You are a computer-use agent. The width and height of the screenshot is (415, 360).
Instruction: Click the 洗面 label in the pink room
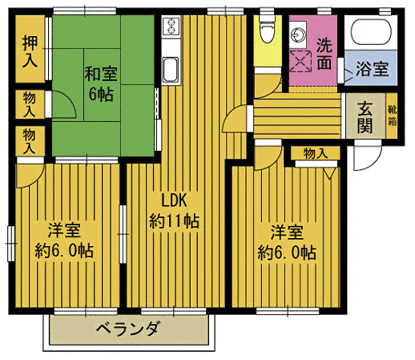click(x=324, y=53)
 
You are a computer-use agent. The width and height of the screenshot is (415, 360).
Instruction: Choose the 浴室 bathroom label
click(x=373, y=69)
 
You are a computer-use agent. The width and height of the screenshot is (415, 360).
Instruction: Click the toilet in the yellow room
click(x=266, y=30)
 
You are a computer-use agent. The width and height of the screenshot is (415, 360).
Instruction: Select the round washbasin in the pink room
click(x=299, y=35)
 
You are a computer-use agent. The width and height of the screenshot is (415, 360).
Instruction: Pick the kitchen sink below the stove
click(x=171, y=71)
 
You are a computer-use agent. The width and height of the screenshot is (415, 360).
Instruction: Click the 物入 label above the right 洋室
click(x=316, y=154)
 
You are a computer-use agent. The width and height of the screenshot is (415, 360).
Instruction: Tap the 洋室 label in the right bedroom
click(x=286, y=233)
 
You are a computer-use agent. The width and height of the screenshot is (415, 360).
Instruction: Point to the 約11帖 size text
click(x=175, y=220)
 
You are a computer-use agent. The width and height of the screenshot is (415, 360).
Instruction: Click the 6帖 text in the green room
click(x=102, y=94)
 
